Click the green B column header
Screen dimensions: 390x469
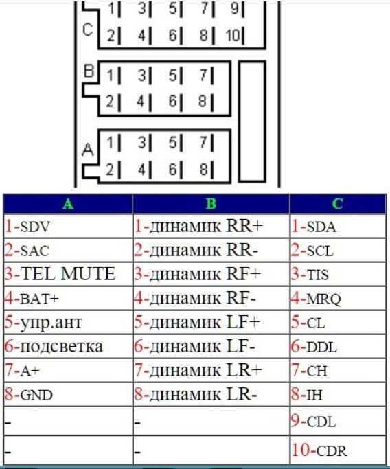point(211,204)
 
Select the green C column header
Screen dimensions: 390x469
point(337,204)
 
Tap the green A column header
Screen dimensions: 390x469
point(68,204)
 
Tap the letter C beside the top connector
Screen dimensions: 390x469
point(88,30)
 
